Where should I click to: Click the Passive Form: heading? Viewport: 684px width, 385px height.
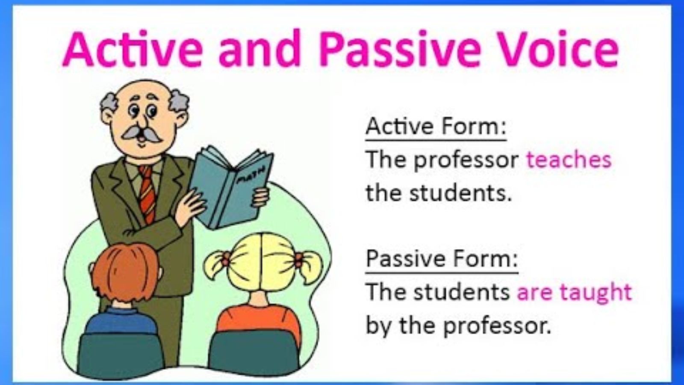coord(442,258)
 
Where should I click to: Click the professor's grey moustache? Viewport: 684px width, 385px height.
coord(141,133)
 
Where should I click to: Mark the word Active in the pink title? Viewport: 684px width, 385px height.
coord(132,49)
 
